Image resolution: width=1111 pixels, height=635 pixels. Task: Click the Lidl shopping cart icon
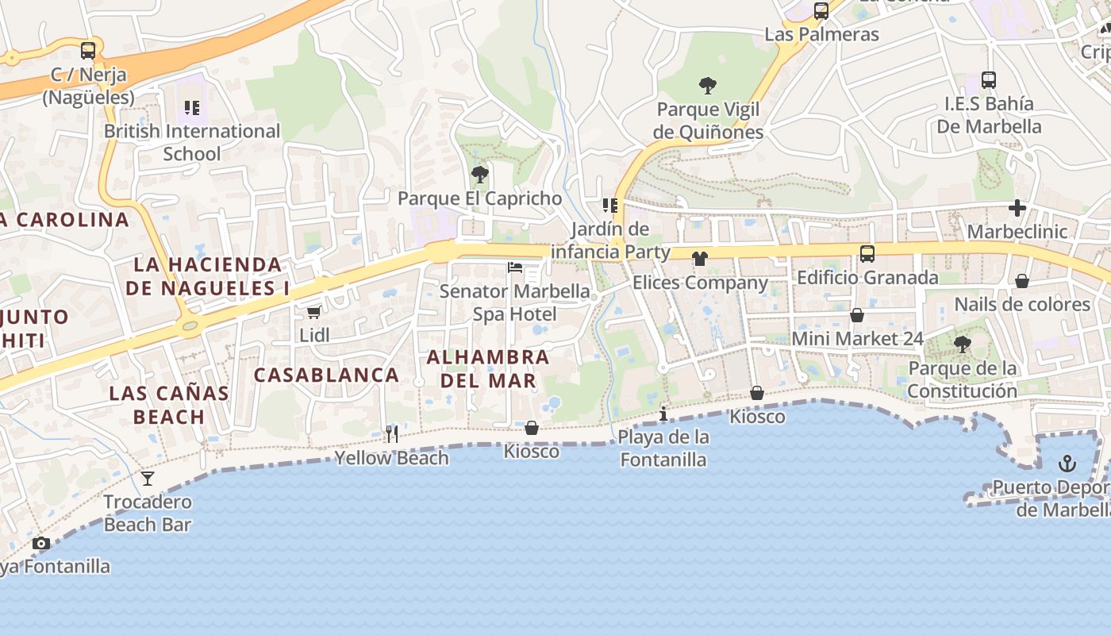pos(313,313)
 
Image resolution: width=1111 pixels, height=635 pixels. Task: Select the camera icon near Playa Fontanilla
pos(40,544)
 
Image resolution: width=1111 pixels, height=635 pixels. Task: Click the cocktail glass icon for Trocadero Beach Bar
pos(148,478)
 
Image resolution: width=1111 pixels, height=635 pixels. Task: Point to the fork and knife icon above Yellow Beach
pos(391,433)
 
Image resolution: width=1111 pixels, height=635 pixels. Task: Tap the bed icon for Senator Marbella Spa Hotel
pos(515,267)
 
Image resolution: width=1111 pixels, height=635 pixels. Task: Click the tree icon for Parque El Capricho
pos(479,175)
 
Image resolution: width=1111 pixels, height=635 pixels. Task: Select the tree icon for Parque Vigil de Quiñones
pos(707,85)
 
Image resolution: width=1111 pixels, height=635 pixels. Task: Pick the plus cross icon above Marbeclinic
pos(1017,208)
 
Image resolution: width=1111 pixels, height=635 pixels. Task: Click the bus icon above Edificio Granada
pos(867,254)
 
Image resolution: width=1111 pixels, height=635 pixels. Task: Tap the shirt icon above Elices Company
pos(699,259)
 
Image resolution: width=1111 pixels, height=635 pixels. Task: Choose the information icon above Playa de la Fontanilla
pos(663,414)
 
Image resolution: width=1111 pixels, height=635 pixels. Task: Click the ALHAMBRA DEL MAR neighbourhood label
pos(488,369)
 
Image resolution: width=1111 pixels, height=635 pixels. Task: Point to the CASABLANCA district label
pos(326,375)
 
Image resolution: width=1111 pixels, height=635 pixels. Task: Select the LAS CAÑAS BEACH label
pos(169,404)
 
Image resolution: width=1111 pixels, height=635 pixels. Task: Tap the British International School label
pos(192,142)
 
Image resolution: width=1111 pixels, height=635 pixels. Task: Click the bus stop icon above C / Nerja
pos(88,51)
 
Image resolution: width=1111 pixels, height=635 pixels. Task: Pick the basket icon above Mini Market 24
pos(857,315)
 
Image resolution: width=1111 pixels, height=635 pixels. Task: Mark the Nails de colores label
pos(1022,304)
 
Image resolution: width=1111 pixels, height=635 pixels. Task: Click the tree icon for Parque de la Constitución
pos(963,344)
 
